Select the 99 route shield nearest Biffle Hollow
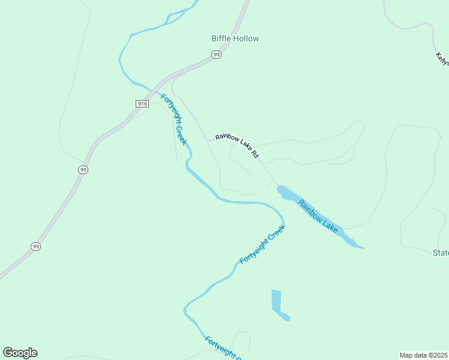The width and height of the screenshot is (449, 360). pos(217,55)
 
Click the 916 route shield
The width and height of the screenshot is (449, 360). pos(142,104)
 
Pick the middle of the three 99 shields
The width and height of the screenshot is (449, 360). pos(83,170)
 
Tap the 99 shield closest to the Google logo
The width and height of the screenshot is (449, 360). pos(36,247)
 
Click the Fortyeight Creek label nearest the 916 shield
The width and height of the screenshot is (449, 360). pos(174,119)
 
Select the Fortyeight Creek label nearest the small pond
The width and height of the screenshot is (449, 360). pos(262,245)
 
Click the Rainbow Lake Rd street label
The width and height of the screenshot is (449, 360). pos(238,145)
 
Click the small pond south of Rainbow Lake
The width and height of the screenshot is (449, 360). pos(278,304)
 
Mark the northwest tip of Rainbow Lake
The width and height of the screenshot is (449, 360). pos(279,188)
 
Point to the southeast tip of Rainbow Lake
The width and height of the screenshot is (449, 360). pos(363,247)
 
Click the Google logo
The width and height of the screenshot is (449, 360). pos(20,353)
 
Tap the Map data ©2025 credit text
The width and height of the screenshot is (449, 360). pos(424,355)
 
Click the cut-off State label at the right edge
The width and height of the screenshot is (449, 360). pos(441,253)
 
